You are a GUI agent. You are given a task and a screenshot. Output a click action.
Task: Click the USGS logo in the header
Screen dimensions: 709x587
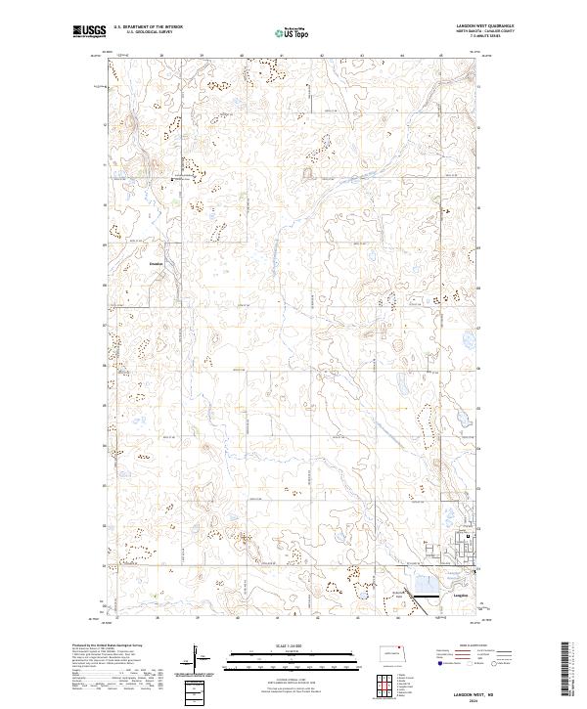[x=89, y=31]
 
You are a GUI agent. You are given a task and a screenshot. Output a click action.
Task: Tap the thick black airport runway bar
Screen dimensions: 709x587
[x=427, y=594]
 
